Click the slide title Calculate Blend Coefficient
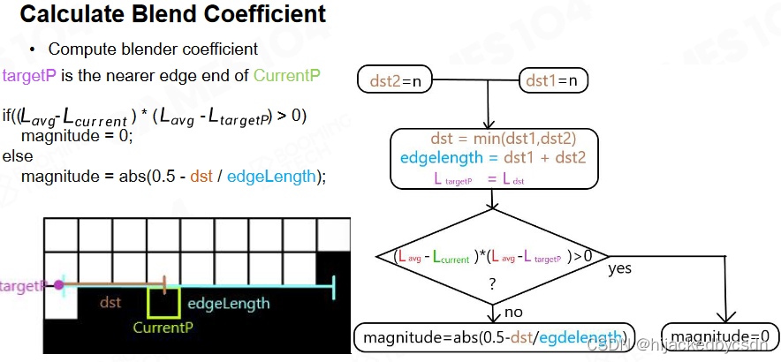(x=173, y=15)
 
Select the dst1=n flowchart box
(x=553, y=81)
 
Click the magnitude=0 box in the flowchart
(x=719, y=336)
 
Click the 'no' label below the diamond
(x=514, y=312)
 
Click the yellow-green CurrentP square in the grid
(x=164, y=301)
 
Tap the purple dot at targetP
(x=58, y=285)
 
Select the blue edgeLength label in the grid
(x=228, y=304)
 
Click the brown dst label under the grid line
(x=110, y=303)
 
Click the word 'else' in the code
(x=18, y=156)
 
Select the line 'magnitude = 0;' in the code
(x=76, y=136)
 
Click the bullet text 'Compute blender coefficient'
(x=153, y=49)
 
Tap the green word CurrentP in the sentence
(x=286, y=75)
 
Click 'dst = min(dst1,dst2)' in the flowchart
(x=503, y=139)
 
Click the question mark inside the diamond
(x=492, y=284)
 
